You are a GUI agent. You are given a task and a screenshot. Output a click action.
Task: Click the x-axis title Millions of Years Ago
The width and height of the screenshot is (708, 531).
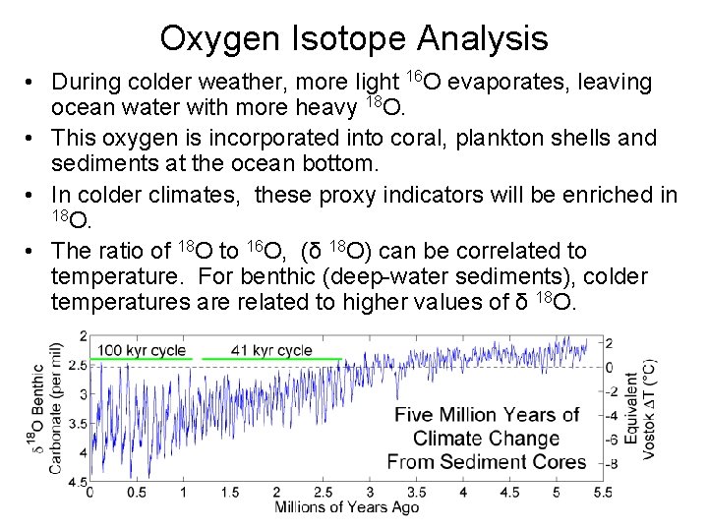pyautogui.click(x=346, y=507)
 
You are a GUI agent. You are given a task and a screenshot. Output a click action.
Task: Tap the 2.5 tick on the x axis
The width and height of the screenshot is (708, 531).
pyautogui.click(x=324, y=492)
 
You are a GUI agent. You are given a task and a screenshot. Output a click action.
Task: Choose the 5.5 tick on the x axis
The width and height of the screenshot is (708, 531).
pyautogui.click(x=603, y=492)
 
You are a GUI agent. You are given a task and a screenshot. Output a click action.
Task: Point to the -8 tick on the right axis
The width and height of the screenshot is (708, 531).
pyautogui.click(x=611, y=463)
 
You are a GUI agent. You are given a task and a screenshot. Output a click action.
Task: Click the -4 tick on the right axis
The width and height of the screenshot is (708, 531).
pyautogui.click(x=611, y=416)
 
